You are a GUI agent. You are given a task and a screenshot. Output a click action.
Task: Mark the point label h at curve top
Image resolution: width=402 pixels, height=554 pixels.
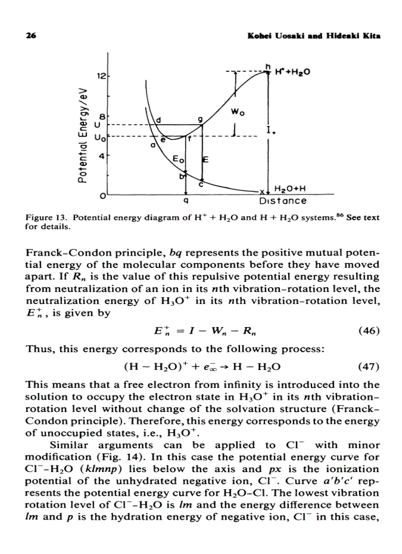[268, 67]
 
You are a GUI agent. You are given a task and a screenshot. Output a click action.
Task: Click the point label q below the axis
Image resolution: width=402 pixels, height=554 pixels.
[185, 201]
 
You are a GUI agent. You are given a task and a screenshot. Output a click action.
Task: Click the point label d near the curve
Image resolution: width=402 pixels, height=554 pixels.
[159, 120]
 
